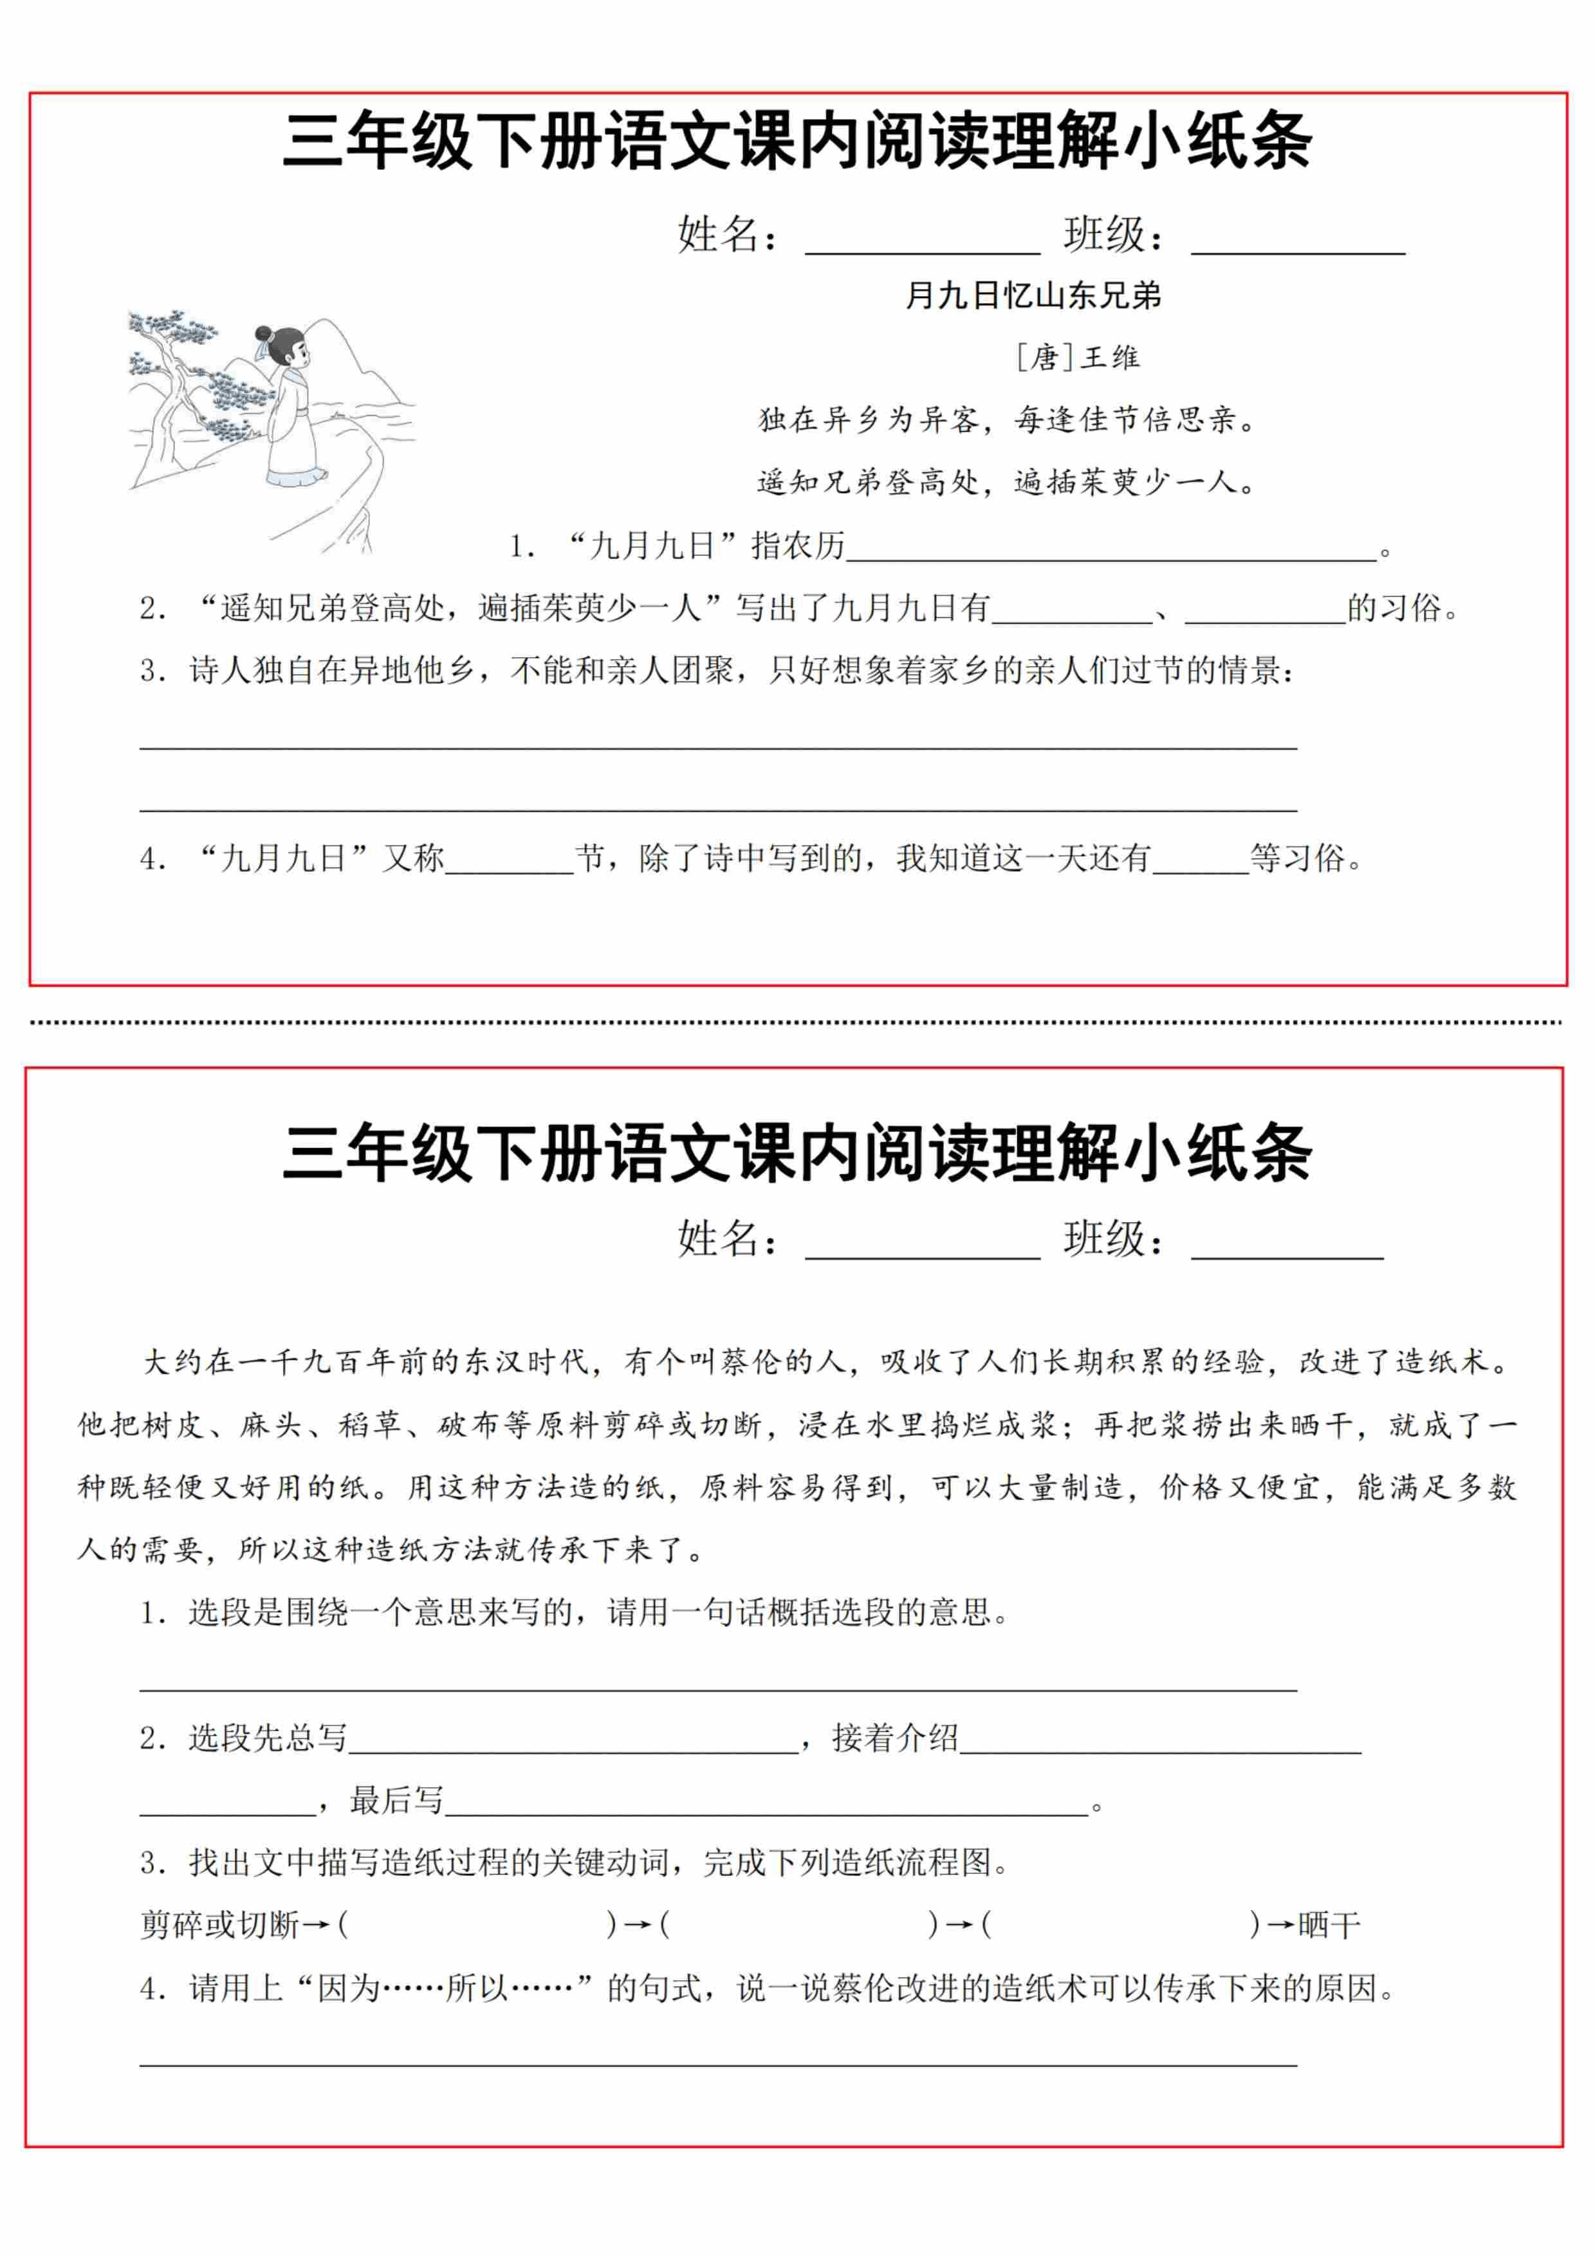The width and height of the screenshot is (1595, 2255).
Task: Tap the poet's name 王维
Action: point(1110,358)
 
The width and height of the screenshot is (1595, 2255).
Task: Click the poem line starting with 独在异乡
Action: point(1007,420)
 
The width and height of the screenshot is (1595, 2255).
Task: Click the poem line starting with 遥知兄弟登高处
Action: point(1007,482)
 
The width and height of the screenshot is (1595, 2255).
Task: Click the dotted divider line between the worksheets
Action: point(795,1023)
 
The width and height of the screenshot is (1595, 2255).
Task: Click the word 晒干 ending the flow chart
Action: point(1329,1925)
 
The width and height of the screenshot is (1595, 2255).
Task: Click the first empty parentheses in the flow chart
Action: point(476,1925)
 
